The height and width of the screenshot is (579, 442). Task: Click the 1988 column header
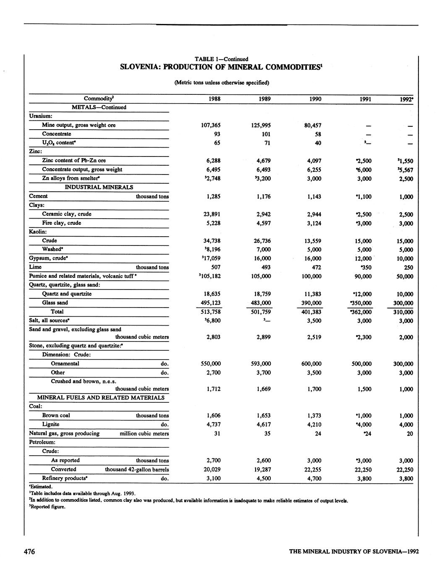coord(214,99)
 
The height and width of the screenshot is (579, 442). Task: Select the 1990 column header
coord(315,99)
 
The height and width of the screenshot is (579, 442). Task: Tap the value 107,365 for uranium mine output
coord(211,125)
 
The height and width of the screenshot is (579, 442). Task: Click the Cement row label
coord(38,196)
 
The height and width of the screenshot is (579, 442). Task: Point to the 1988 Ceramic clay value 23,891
coord(212,214)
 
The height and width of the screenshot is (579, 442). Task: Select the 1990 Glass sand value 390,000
coord(311,303)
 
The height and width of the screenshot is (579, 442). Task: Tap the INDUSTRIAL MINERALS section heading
coord(99,187)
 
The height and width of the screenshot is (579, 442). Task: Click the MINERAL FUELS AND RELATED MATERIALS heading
coord(101,397)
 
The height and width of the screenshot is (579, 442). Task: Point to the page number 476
coord(29,551)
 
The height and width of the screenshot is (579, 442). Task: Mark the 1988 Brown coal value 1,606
coord(214,415)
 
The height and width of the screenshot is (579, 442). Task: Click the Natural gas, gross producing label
coord(64,433)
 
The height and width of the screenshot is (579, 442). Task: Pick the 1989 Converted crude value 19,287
coord(261,469)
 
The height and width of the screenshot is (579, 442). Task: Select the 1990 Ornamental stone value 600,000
coord(311,364)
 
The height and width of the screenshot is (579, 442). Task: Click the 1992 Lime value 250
coord(408,267)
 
